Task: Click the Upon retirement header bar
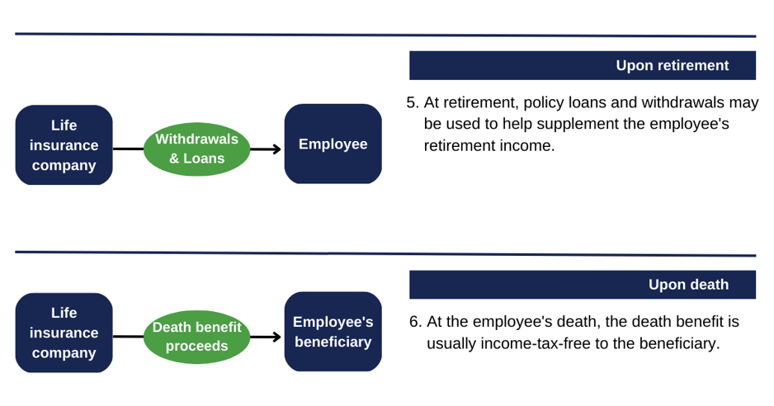tap(582, 65)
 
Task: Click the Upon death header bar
tap(582, 285)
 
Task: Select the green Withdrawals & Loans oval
tap(196, 149)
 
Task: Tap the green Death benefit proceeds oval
tap(196, 337)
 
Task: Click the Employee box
tap(333, 144)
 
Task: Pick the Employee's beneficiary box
tap(333, 332)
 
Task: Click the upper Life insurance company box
tap(64, 145)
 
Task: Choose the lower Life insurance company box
tap(64, 333)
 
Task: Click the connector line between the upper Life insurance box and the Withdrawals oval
tap(128, 149)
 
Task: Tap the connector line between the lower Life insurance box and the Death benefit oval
tap(128, 337)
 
